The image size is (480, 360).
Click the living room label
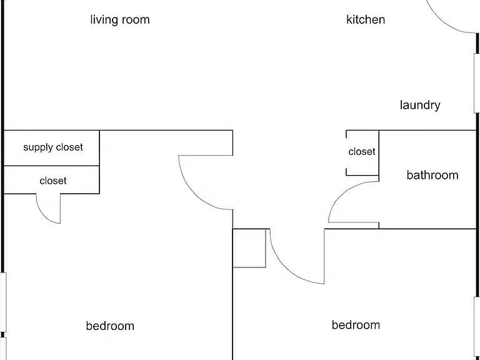120,20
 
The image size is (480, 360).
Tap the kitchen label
366,19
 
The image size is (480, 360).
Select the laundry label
420,105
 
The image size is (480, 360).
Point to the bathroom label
432,175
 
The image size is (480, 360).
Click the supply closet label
53,147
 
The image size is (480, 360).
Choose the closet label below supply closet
53,181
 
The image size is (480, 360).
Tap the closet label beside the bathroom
362,151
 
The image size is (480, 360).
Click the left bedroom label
110,326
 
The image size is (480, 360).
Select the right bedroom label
356,325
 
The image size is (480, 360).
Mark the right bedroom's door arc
286,269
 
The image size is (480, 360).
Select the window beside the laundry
477,83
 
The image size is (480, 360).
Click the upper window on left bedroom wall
3,302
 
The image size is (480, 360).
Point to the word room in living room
136,20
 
